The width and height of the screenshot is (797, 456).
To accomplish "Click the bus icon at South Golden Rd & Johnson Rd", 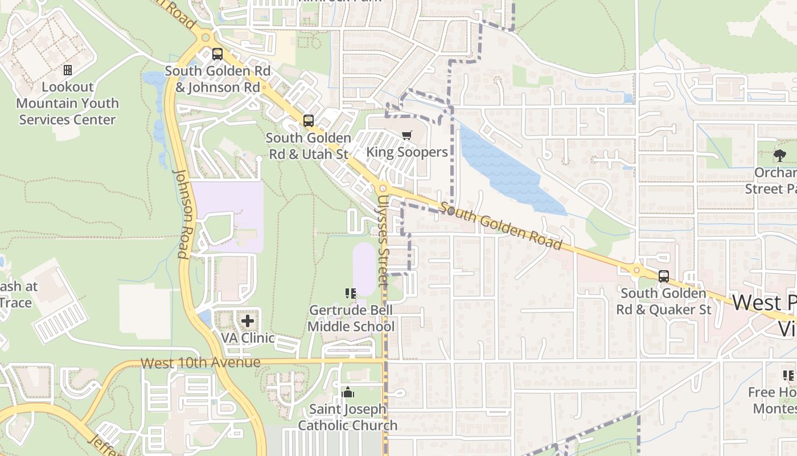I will (217, 54).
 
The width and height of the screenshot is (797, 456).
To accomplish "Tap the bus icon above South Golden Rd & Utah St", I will (309, 121).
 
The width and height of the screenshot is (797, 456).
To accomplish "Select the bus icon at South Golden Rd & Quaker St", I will (664, 276).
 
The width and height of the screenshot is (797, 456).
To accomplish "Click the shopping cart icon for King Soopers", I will (406, 136).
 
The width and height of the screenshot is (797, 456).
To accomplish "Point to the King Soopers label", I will (406, 152).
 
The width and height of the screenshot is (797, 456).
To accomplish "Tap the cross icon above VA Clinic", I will (248, 321).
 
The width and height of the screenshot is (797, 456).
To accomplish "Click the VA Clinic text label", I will (248, 338).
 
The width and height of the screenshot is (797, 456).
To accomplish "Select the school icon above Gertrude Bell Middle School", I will (351, 294).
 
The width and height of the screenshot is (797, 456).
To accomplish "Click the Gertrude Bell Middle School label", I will (351, 319).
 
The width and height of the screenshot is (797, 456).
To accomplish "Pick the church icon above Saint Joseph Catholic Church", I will (347, 392).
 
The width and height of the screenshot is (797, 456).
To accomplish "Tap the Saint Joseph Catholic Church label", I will (348, 417).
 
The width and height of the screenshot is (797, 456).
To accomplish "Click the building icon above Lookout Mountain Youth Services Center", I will (68, 70).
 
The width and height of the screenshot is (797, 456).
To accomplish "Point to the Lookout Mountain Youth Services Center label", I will (67, 103).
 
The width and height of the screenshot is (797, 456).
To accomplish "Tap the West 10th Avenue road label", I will (200, 363).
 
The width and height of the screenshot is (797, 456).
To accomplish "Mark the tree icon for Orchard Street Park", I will (780, 154).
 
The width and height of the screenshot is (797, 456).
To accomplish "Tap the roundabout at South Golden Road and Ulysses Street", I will (383, 188).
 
